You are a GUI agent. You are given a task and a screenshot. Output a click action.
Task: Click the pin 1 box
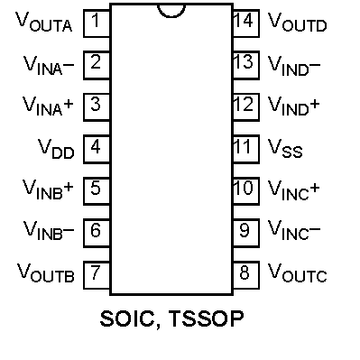tap(97, 23)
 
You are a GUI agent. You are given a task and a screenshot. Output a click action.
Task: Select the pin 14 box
tap(246, 23)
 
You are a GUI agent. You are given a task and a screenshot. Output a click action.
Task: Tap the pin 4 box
tap(97, 150)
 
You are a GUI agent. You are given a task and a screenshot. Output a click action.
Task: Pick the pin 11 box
tap(246, 150)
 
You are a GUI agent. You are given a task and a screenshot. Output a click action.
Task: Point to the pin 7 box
tap(97, 275)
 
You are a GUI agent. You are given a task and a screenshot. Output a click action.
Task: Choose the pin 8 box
tap(246, 275)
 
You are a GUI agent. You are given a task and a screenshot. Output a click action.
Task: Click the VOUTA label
tap(44, 23)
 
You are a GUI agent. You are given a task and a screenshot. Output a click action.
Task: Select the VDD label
tap(56, 149)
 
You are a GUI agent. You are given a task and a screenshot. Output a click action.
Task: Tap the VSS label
tap(285, 148)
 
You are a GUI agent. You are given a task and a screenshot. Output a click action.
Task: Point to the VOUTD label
tap(297, 23)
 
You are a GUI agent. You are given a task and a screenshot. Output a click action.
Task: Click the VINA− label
tap(49, 65)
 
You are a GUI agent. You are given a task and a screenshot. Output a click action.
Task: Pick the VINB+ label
tap(48, 189)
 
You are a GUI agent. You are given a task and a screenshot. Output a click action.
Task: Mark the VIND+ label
tap(293, 106)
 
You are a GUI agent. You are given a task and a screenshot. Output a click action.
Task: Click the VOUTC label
tap(297, 272)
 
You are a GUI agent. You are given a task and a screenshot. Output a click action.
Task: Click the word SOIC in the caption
tap(128, 318)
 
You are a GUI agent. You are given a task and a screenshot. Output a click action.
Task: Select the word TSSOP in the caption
tap(206, 318)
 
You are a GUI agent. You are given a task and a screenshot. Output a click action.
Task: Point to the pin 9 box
tap(246, 234)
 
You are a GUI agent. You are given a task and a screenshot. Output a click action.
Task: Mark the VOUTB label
tap(45, 272)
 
